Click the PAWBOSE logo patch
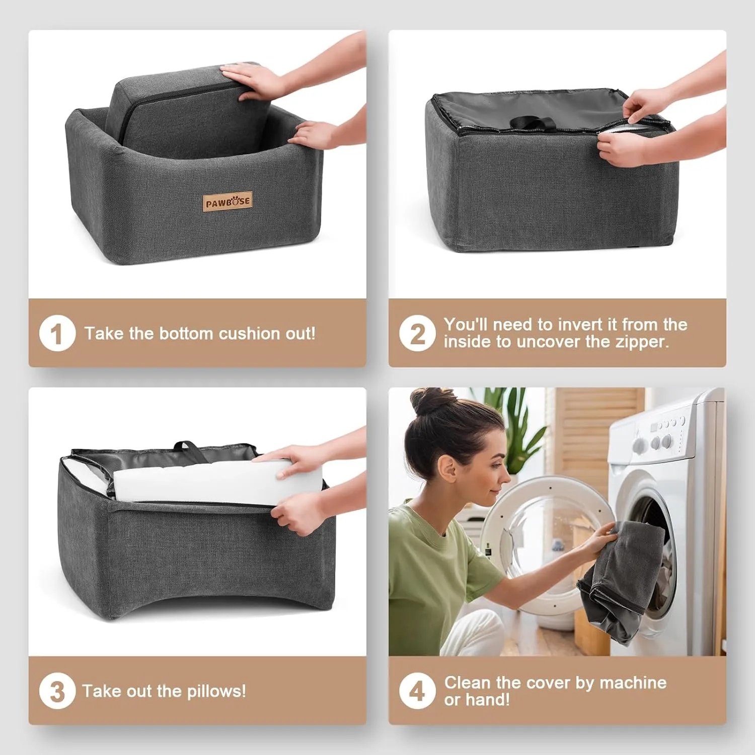[x=228, y=202]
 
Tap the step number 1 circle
[x=57, y=333]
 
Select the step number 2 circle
[x=417, y=333]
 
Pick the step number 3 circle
[x=57, y=691]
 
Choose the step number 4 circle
[x=417, y=691]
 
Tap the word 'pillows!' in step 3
[x=216, y=692]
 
